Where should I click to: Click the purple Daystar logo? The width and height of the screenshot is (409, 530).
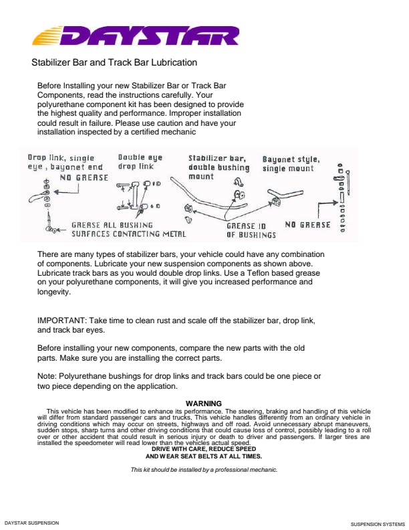136,35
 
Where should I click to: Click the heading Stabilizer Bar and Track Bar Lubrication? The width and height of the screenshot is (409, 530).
114,62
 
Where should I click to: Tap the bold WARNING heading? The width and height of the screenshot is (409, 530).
203,404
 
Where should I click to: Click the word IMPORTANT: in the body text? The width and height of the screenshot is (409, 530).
61,321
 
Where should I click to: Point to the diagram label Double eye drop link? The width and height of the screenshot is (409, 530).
140,162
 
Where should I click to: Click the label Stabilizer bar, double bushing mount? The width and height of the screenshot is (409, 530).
219,167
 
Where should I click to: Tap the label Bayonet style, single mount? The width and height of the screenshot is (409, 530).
291,164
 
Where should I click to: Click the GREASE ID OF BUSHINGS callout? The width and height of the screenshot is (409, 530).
251,230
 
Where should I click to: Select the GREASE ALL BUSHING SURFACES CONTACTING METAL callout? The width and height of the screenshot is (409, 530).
128,230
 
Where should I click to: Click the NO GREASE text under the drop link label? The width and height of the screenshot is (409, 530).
84,178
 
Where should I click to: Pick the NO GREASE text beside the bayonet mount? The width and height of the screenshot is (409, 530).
307,225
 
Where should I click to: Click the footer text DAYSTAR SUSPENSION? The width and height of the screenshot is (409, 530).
31,523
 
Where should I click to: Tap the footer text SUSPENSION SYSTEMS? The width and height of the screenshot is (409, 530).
378,524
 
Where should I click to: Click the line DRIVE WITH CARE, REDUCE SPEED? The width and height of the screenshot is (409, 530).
204,449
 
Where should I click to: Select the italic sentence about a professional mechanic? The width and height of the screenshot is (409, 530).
204,470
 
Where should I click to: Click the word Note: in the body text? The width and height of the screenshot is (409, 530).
47,376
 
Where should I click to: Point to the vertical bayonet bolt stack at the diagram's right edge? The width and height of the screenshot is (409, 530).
342,197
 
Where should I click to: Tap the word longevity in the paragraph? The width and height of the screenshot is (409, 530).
54,292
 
